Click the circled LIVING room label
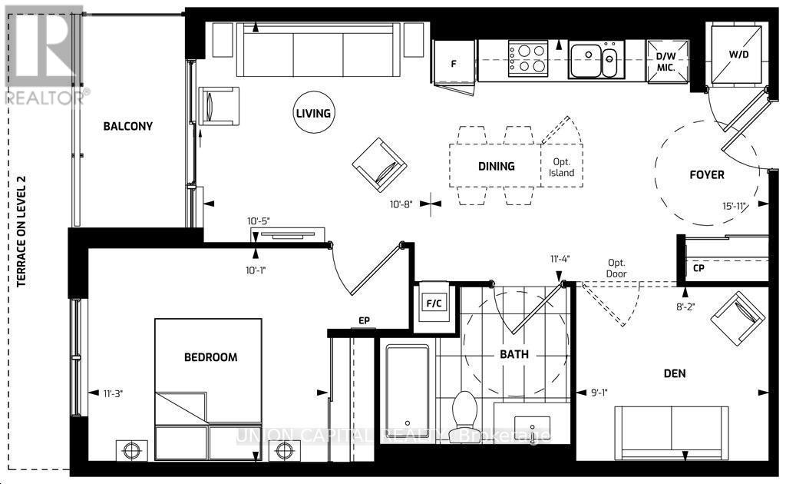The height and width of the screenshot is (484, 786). coord(312,114)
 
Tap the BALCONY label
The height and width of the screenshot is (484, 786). coord(128,127)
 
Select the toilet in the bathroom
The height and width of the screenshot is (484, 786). coord(465,411)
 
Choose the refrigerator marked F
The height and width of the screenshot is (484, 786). coord(454,63)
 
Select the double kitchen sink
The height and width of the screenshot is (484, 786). coord(596,60)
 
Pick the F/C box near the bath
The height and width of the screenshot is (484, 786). coord(434,303)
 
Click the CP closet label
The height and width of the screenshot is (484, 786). coord(698,269)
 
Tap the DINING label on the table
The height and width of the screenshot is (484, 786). coord(496,166)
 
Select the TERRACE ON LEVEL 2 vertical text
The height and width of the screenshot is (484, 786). coord(22,230)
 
